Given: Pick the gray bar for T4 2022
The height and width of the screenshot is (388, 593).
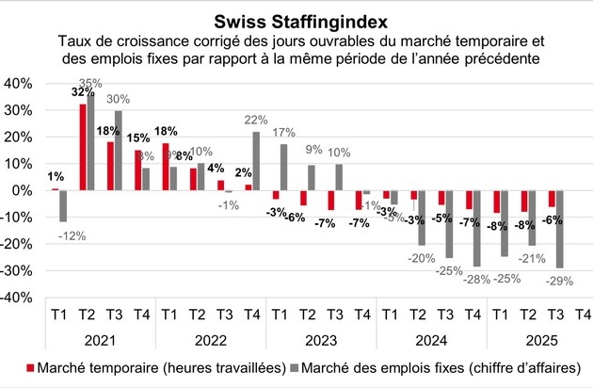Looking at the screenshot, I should click(x=256, y=161).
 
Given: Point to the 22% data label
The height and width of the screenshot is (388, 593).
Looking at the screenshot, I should click(x=257, y=119).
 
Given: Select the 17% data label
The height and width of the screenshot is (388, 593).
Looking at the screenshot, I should click(x=283, y=131).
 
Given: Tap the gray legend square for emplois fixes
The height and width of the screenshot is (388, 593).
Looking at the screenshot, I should click(x=297, y=367).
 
